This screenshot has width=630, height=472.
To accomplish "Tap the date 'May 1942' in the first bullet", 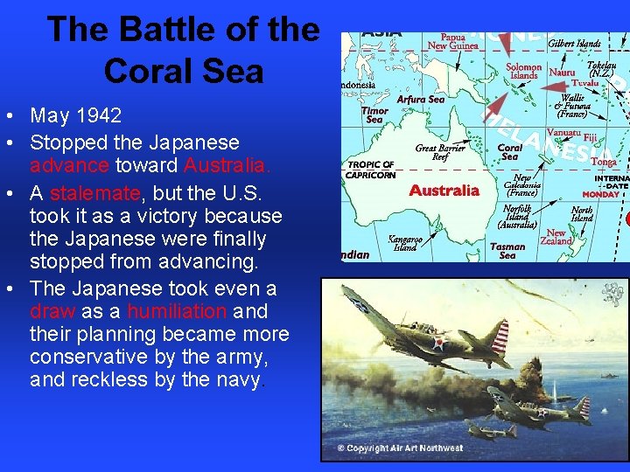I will (x=75, y=115).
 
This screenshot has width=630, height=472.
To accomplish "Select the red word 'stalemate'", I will (x=91, y=192).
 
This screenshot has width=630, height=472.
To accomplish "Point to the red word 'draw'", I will (x=52, y=311).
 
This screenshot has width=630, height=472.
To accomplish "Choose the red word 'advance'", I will (x=70, y=164).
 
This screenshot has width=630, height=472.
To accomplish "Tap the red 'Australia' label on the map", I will (x=444, y=190).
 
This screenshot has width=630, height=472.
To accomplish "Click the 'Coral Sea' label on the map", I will (x=510, y=152).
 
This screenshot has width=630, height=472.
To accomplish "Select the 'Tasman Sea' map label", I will (x=507, y=251).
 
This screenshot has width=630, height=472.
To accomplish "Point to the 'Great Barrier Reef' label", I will (x=440, y=153).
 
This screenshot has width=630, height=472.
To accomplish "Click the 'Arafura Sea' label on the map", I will (x=421, y=100).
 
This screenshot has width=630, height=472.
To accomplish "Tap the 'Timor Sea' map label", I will (x=374, y=115).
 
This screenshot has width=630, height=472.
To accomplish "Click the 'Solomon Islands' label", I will (x=523, y=72).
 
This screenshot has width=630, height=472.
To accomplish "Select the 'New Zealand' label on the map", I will (x=556, y=237).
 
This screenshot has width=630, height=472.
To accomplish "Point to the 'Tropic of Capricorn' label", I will (x=371, y=170).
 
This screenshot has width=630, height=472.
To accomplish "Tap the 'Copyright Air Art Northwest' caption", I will (x=400, y=448).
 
